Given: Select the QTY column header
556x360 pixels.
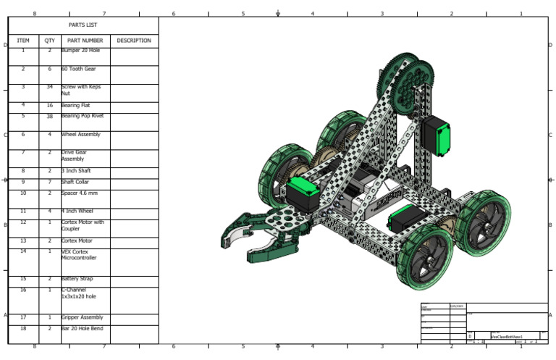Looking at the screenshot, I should pos(49,41).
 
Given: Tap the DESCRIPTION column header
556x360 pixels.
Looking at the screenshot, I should pos(134,41).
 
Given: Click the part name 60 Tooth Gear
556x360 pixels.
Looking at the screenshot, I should pos(77,69).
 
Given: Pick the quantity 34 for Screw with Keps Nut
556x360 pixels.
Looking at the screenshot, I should pos(49,87).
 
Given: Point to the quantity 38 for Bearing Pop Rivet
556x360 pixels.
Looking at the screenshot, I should pos(49,116).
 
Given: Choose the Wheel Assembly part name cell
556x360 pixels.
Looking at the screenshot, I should pos(80,134).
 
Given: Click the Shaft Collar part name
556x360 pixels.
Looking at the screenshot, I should pos(77,182).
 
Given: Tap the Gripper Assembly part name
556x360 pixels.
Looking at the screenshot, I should pos(82,317).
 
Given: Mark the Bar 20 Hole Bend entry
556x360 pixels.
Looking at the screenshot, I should pos(82,329).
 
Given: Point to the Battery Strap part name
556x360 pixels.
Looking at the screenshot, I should pos(77,279).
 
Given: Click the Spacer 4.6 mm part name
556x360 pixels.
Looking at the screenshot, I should pos(80,193).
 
